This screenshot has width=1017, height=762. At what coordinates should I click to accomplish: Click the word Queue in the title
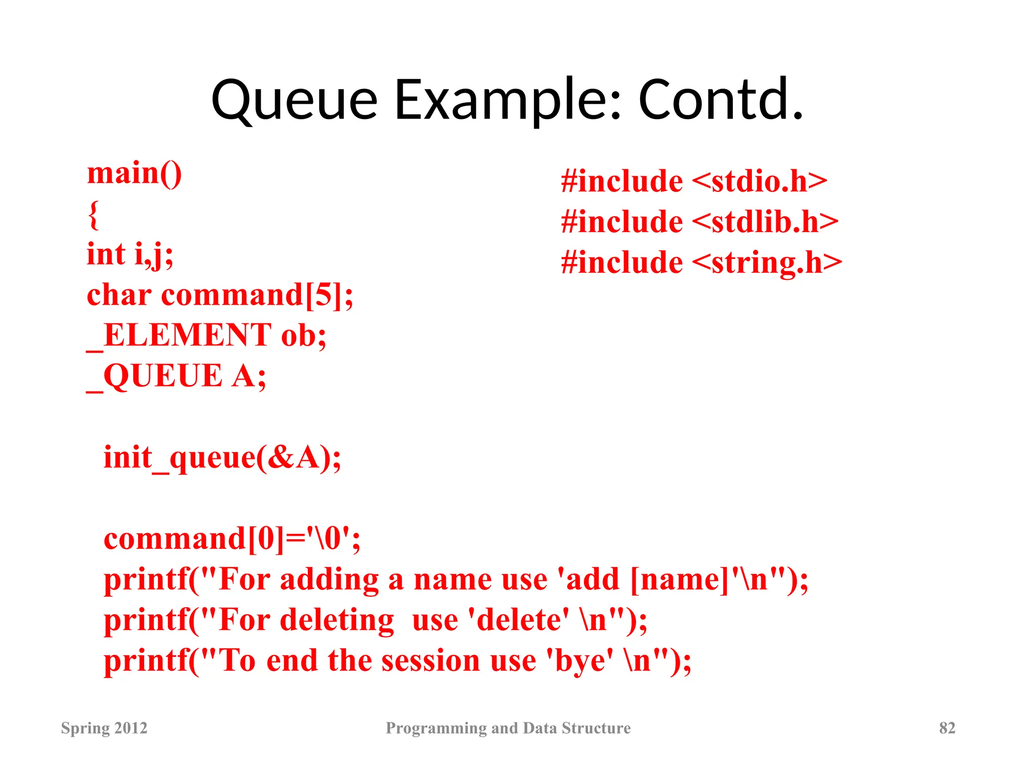[x=294, y=101]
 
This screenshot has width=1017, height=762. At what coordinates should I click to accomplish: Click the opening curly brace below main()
[x=93, y=214]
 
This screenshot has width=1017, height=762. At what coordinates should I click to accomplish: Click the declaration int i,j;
[x=130, y=255]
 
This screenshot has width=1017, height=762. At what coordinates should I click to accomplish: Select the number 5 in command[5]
[x=324, y=295]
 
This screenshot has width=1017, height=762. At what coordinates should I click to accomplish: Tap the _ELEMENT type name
[x=179, y=336]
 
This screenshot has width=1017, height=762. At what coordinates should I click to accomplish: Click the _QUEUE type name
[x=154, y=376]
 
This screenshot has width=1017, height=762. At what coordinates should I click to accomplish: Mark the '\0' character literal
[x=329, y=539]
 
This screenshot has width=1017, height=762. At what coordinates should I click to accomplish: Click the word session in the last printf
[x=431, y=661]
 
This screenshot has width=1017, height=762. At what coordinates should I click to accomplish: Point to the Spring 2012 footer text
[x=104, y=728]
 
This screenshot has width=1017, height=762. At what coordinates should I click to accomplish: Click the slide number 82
[x=947, y=728]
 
